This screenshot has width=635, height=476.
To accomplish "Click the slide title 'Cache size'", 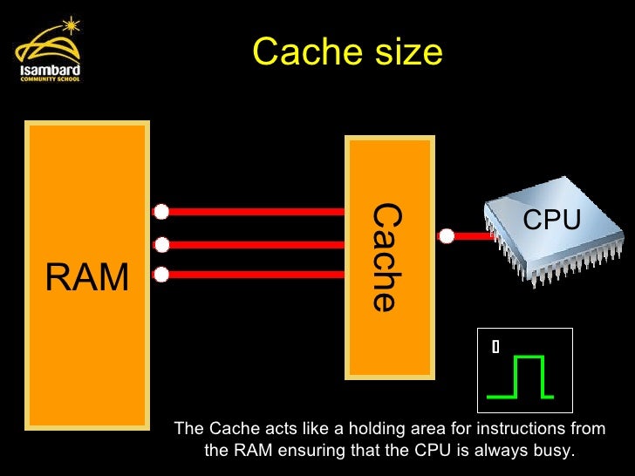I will (347, 52).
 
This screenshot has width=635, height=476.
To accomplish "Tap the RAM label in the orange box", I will (86, 277).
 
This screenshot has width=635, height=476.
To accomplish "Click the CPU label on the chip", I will (551, 221).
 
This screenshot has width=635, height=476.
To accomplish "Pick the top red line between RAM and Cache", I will (253, 211).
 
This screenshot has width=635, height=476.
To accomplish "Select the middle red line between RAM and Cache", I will (253, 244).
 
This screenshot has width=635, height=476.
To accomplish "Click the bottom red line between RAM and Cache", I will (253, 275).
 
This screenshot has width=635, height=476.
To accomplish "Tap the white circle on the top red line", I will (160, 211).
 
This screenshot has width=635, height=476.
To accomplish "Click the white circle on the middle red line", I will (160, 244).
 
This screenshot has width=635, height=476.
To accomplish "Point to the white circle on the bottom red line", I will (160, 275).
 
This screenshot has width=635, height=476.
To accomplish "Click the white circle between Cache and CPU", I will (447, 235).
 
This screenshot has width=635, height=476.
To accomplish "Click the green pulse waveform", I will (521, 377).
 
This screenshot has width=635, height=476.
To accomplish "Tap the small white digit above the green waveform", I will (495, 346).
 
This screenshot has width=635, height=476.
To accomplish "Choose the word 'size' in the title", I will (410, 52).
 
